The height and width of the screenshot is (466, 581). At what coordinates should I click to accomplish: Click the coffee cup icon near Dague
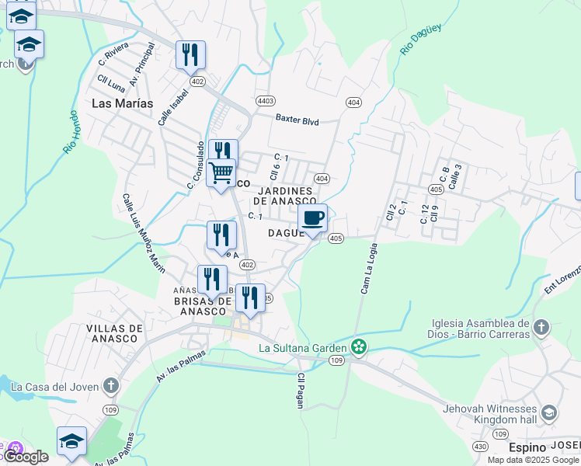312,218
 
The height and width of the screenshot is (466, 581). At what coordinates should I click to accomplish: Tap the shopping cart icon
221,172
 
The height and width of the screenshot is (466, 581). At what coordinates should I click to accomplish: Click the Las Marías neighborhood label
122,103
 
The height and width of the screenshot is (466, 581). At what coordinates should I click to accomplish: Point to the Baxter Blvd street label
297,120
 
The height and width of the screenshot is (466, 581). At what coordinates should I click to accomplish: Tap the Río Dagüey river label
420,39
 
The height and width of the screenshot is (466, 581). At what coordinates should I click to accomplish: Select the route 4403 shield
266,101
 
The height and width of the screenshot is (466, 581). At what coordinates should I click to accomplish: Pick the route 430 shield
481,447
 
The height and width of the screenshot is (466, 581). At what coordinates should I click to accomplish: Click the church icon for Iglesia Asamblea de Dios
542,328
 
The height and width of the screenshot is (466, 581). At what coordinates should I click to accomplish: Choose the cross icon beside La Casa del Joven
111,385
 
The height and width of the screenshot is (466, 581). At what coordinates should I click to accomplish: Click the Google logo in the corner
26,457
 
